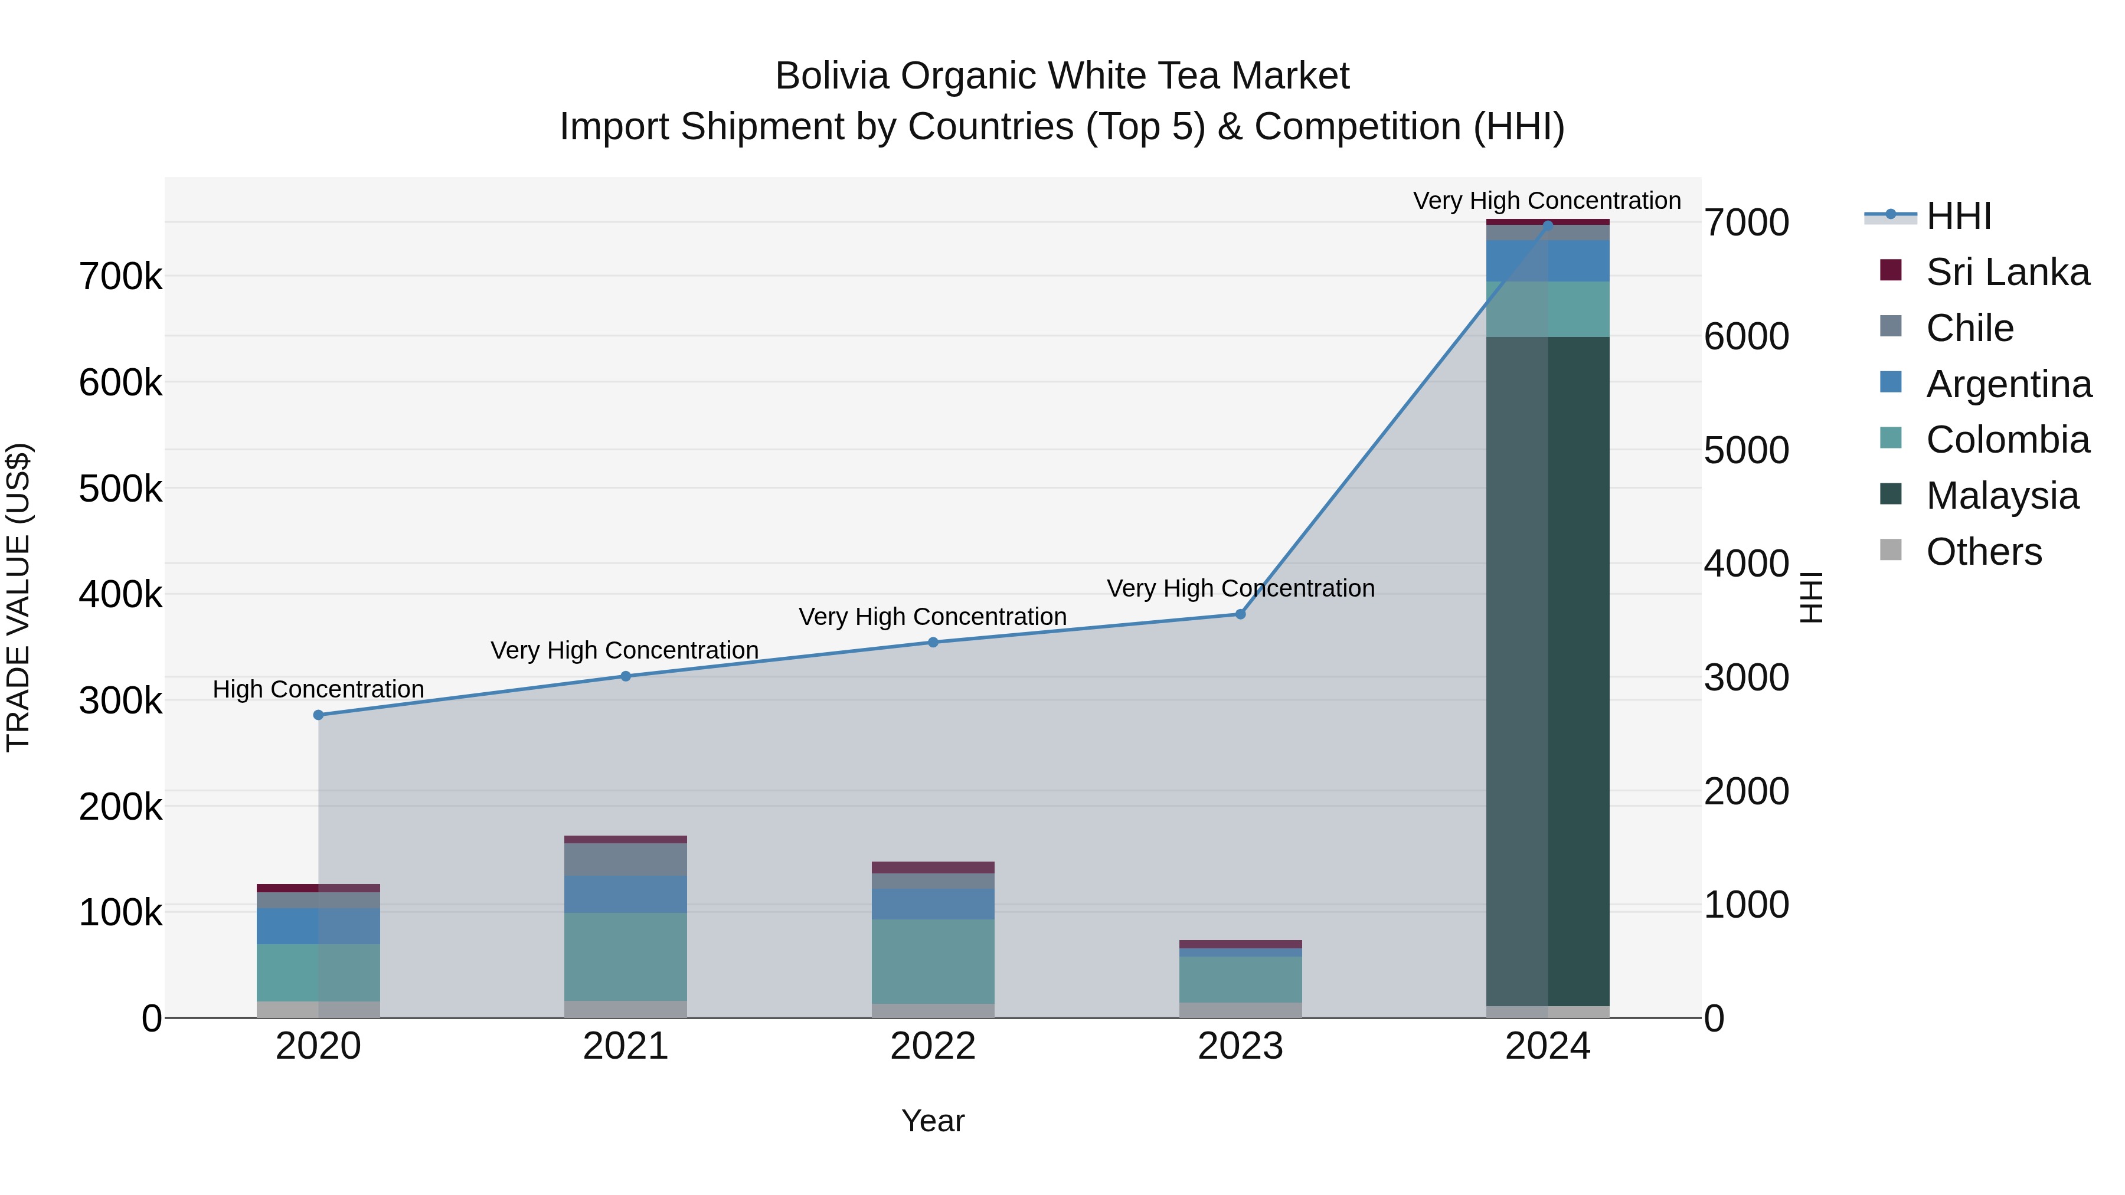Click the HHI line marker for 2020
coord(318,715)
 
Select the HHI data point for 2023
coord(1240,614)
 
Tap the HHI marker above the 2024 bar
coord(1548,224)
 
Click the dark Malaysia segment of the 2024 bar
coord(1548,668)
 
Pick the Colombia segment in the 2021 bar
coord(625,957)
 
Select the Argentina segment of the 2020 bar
coord(318,925)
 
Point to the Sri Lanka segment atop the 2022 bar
coord(933,867)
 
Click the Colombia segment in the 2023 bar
coord(1240,979)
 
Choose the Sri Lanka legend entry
coord(2007,272)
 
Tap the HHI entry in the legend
coord(1959,216)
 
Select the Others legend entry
coord(1983,552)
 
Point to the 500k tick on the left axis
coord(120,489)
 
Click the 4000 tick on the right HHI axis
coord(1747,564)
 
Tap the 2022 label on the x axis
coord(933,1046)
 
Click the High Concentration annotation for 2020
coord(318,689)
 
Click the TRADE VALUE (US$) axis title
coord(18,597)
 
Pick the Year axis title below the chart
coord(933,1121)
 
